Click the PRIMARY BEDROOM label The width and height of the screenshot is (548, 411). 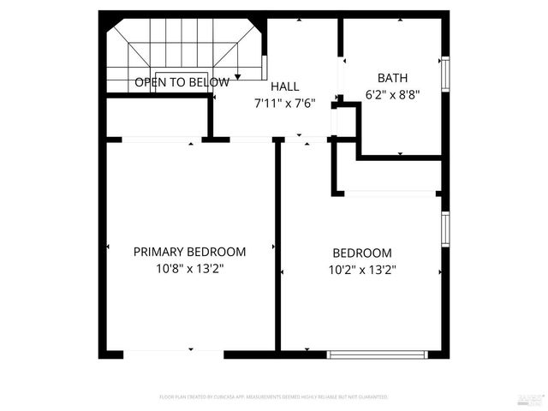[189, 252]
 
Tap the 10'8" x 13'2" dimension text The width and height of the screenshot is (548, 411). [189, 268]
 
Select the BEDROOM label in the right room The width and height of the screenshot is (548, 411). [362, 253]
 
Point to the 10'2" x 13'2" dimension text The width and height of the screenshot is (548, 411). [362, 269]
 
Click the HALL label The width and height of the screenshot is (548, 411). [285, 86]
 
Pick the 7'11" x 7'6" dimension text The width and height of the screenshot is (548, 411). [285, 103]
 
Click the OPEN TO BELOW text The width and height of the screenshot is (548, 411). [182, 83]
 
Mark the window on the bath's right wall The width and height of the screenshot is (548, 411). [444, 73]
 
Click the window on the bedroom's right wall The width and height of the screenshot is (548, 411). [444, 229]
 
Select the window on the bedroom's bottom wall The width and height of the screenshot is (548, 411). [378, 353]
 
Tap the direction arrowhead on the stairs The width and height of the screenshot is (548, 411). [237, 78]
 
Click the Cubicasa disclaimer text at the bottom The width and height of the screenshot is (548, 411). [274, 397]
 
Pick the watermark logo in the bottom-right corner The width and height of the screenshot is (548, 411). [530, 399]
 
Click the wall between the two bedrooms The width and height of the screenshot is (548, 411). [277, 248]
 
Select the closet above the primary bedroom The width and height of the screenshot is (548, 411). [156, 118]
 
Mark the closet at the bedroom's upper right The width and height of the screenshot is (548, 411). [390, 176]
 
